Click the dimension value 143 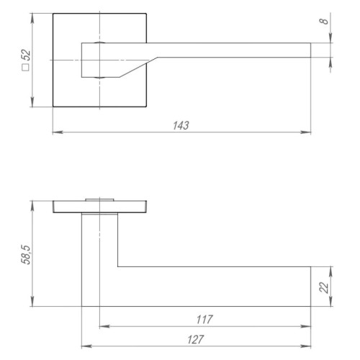coord(181,125)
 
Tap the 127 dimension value coord(196,338)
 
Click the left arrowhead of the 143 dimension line coord(57,132)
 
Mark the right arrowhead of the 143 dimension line coord(307,132)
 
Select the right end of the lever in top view coord(310,50)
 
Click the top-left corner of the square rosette coord(53,13)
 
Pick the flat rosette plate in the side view coord(100,208)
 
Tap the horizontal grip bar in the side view coord(216,287)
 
